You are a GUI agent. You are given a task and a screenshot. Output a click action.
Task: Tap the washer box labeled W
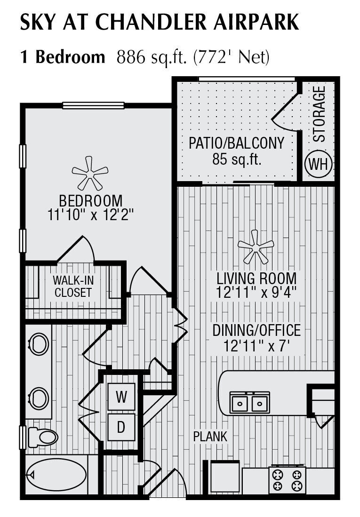(x=121, y=397)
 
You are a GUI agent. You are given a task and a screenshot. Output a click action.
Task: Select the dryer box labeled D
(x=121, y=427)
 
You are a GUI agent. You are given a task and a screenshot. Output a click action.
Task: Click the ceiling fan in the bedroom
(x=90, y=173)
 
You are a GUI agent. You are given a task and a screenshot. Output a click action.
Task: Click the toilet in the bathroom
(x=43, y=437)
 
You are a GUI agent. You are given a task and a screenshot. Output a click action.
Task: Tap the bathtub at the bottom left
(x=56, y=475)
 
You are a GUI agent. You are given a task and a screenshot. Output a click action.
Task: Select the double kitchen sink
(x=249, y=403)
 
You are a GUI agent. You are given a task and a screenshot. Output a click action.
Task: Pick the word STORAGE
(x=319, y=114)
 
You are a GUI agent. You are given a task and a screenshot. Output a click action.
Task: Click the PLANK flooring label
(x=210, y=437)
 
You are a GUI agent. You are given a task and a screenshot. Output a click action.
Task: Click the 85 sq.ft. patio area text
(x=237, y=159)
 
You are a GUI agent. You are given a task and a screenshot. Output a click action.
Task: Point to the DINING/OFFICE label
(x=256, y=330)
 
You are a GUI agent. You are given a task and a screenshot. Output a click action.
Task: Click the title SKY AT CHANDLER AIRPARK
(x=159, y=23)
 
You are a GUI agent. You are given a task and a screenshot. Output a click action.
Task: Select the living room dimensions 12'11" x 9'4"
(x=256, y=292)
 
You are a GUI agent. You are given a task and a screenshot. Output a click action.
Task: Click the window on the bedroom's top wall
(x=93, y=105)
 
